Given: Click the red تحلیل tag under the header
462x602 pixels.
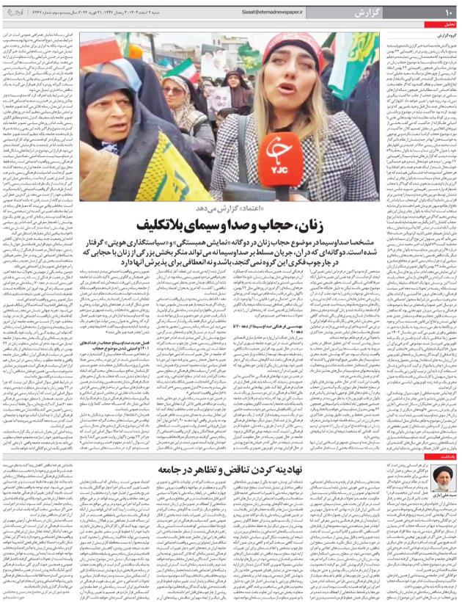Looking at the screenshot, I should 448,24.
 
